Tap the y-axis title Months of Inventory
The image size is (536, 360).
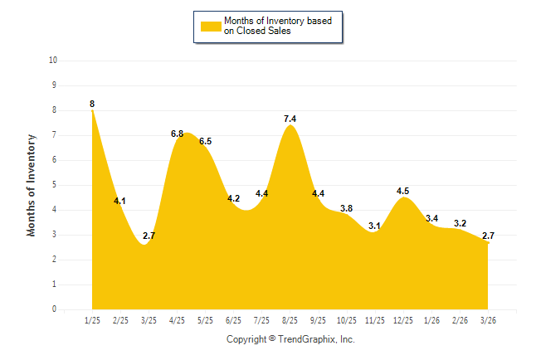click(32, 184)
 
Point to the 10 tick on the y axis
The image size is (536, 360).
click(53, 61)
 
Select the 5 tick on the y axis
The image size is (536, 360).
click(55, 185)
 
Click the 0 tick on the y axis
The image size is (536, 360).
click(55, 309)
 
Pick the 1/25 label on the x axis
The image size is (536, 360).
click(92, 320)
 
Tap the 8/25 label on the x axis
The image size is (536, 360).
click(290, 320)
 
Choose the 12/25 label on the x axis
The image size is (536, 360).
click(403, 320)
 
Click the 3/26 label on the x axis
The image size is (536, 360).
click(489, 320)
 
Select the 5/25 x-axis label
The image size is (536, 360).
click(205, 320)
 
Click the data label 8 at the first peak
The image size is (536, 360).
click(92, 104)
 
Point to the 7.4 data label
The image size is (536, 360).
click(290, 119)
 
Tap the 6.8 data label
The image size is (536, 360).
click(178, 134)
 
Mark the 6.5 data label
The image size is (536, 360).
click(206, 141)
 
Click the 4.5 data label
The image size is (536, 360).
click(402, 191)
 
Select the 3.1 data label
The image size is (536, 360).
click(374, 226)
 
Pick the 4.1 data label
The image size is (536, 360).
click(120, 201)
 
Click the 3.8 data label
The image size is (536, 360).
click(346, 208)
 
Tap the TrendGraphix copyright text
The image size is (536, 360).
click(290, 339)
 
